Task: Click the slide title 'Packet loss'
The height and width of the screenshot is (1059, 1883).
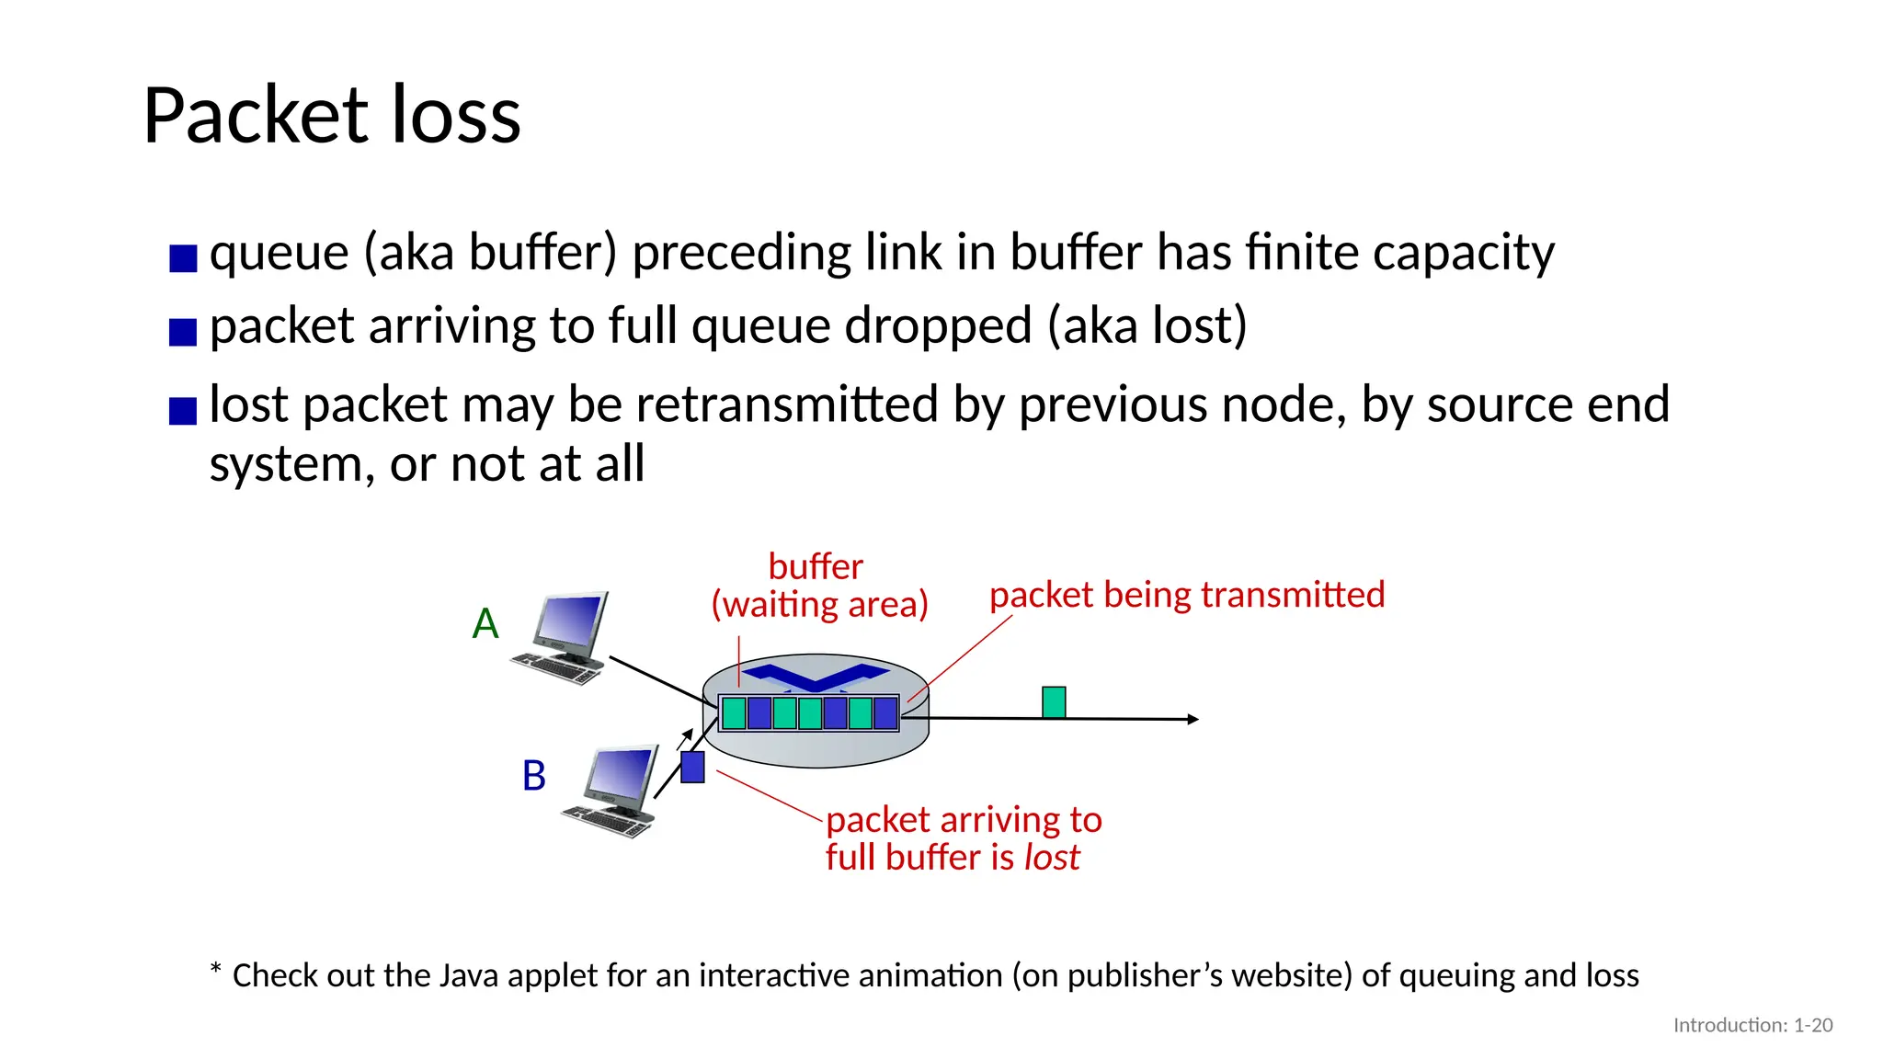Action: tap(332, 116)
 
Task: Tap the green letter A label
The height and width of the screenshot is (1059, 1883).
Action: tap(485, 624)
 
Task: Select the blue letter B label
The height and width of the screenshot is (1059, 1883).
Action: tap(534, 776)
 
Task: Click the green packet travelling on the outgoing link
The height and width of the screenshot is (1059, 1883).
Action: tap(1054, 702)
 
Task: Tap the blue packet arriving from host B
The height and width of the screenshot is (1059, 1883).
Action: tap(692, 767)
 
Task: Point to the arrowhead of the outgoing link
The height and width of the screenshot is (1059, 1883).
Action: tap(1193, 719)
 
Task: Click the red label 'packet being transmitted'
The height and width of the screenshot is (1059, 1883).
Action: tap(1186, 595)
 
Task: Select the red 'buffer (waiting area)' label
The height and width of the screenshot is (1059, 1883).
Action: tap(818, 586)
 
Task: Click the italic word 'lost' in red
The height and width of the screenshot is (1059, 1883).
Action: tap(1052, 858)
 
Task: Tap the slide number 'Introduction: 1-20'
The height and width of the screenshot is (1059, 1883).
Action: tap(1752, 1025)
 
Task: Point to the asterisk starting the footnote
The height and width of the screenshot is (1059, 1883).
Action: tap(216, 970)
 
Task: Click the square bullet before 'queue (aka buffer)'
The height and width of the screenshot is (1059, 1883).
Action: tap(183, 258)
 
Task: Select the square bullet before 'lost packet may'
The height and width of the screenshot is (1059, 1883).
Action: tap(183, 410)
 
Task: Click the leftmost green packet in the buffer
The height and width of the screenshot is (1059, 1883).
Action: tap(734, 713)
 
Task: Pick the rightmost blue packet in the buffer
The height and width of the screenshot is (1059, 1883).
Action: tap(885, 713)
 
